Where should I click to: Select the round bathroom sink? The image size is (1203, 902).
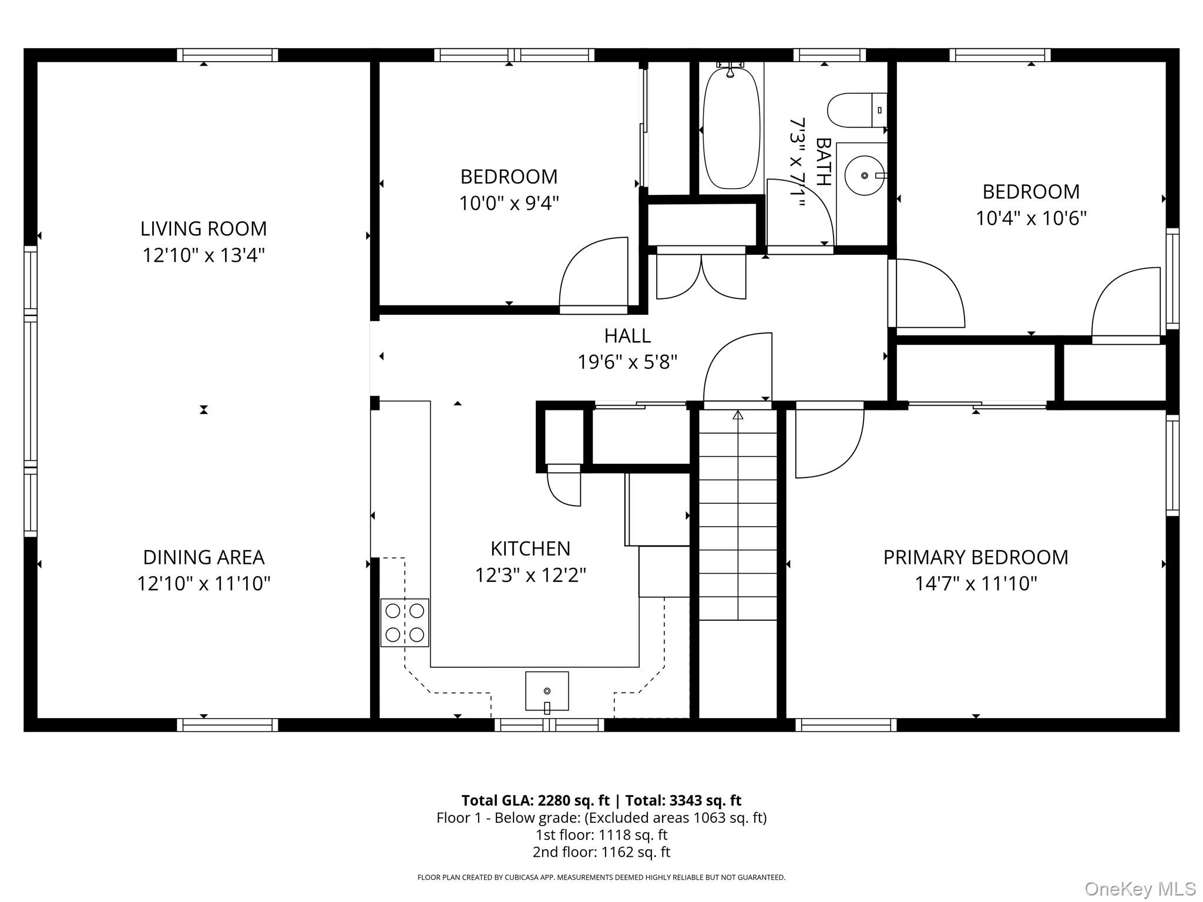tap(864, 176)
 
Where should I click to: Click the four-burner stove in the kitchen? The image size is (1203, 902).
tap(405, 622)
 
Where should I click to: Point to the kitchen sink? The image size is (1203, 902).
tap(547, 691)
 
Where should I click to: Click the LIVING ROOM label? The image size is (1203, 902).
tap(203, 228)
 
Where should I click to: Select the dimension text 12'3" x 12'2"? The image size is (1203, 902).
tap(530, 575)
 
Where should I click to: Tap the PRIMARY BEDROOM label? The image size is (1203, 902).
tap(976, 557)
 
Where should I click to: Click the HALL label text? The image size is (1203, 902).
tap(627, 336)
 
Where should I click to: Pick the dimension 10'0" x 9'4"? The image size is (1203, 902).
tap(509, 203)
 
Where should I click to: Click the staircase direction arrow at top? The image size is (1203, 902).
tap(738, 415)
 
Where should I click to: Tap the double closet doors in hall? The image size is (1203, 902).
tap(701, 276)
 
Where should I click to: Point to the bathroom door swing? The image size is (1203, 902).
tap(799, 214)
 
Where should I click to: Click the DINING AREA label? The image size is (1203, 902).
tap(204, 557)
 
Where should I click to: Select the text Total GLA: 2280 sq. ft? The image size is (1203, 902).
tap(535, 800)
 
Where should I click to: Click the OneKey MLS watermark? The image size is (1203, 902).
tap(1140, 888)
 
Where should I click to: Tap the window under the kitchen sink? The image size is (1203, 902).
tap(549, 725)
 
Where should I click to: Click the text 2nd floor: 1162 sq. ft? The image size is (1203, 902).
tap(601, 851)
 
